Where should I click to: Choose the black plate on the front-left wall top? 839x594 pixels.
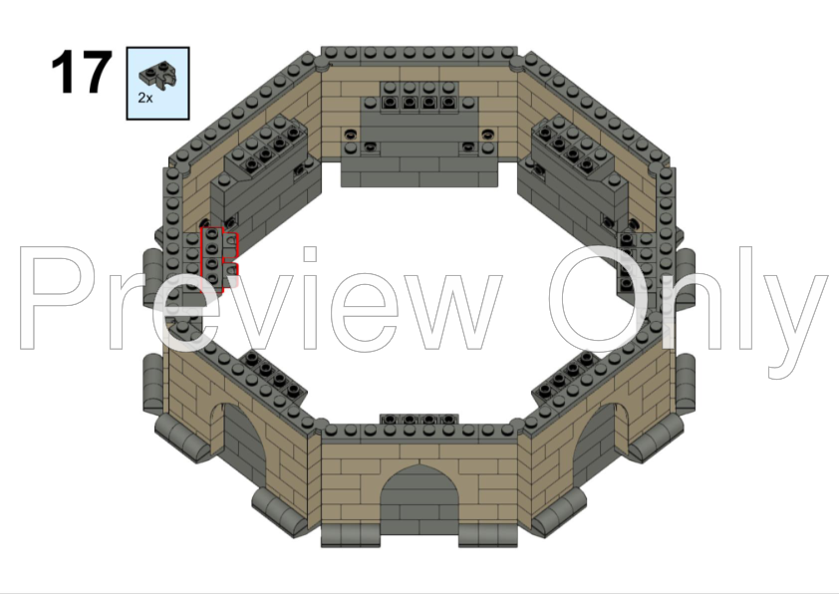[267, 377]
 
